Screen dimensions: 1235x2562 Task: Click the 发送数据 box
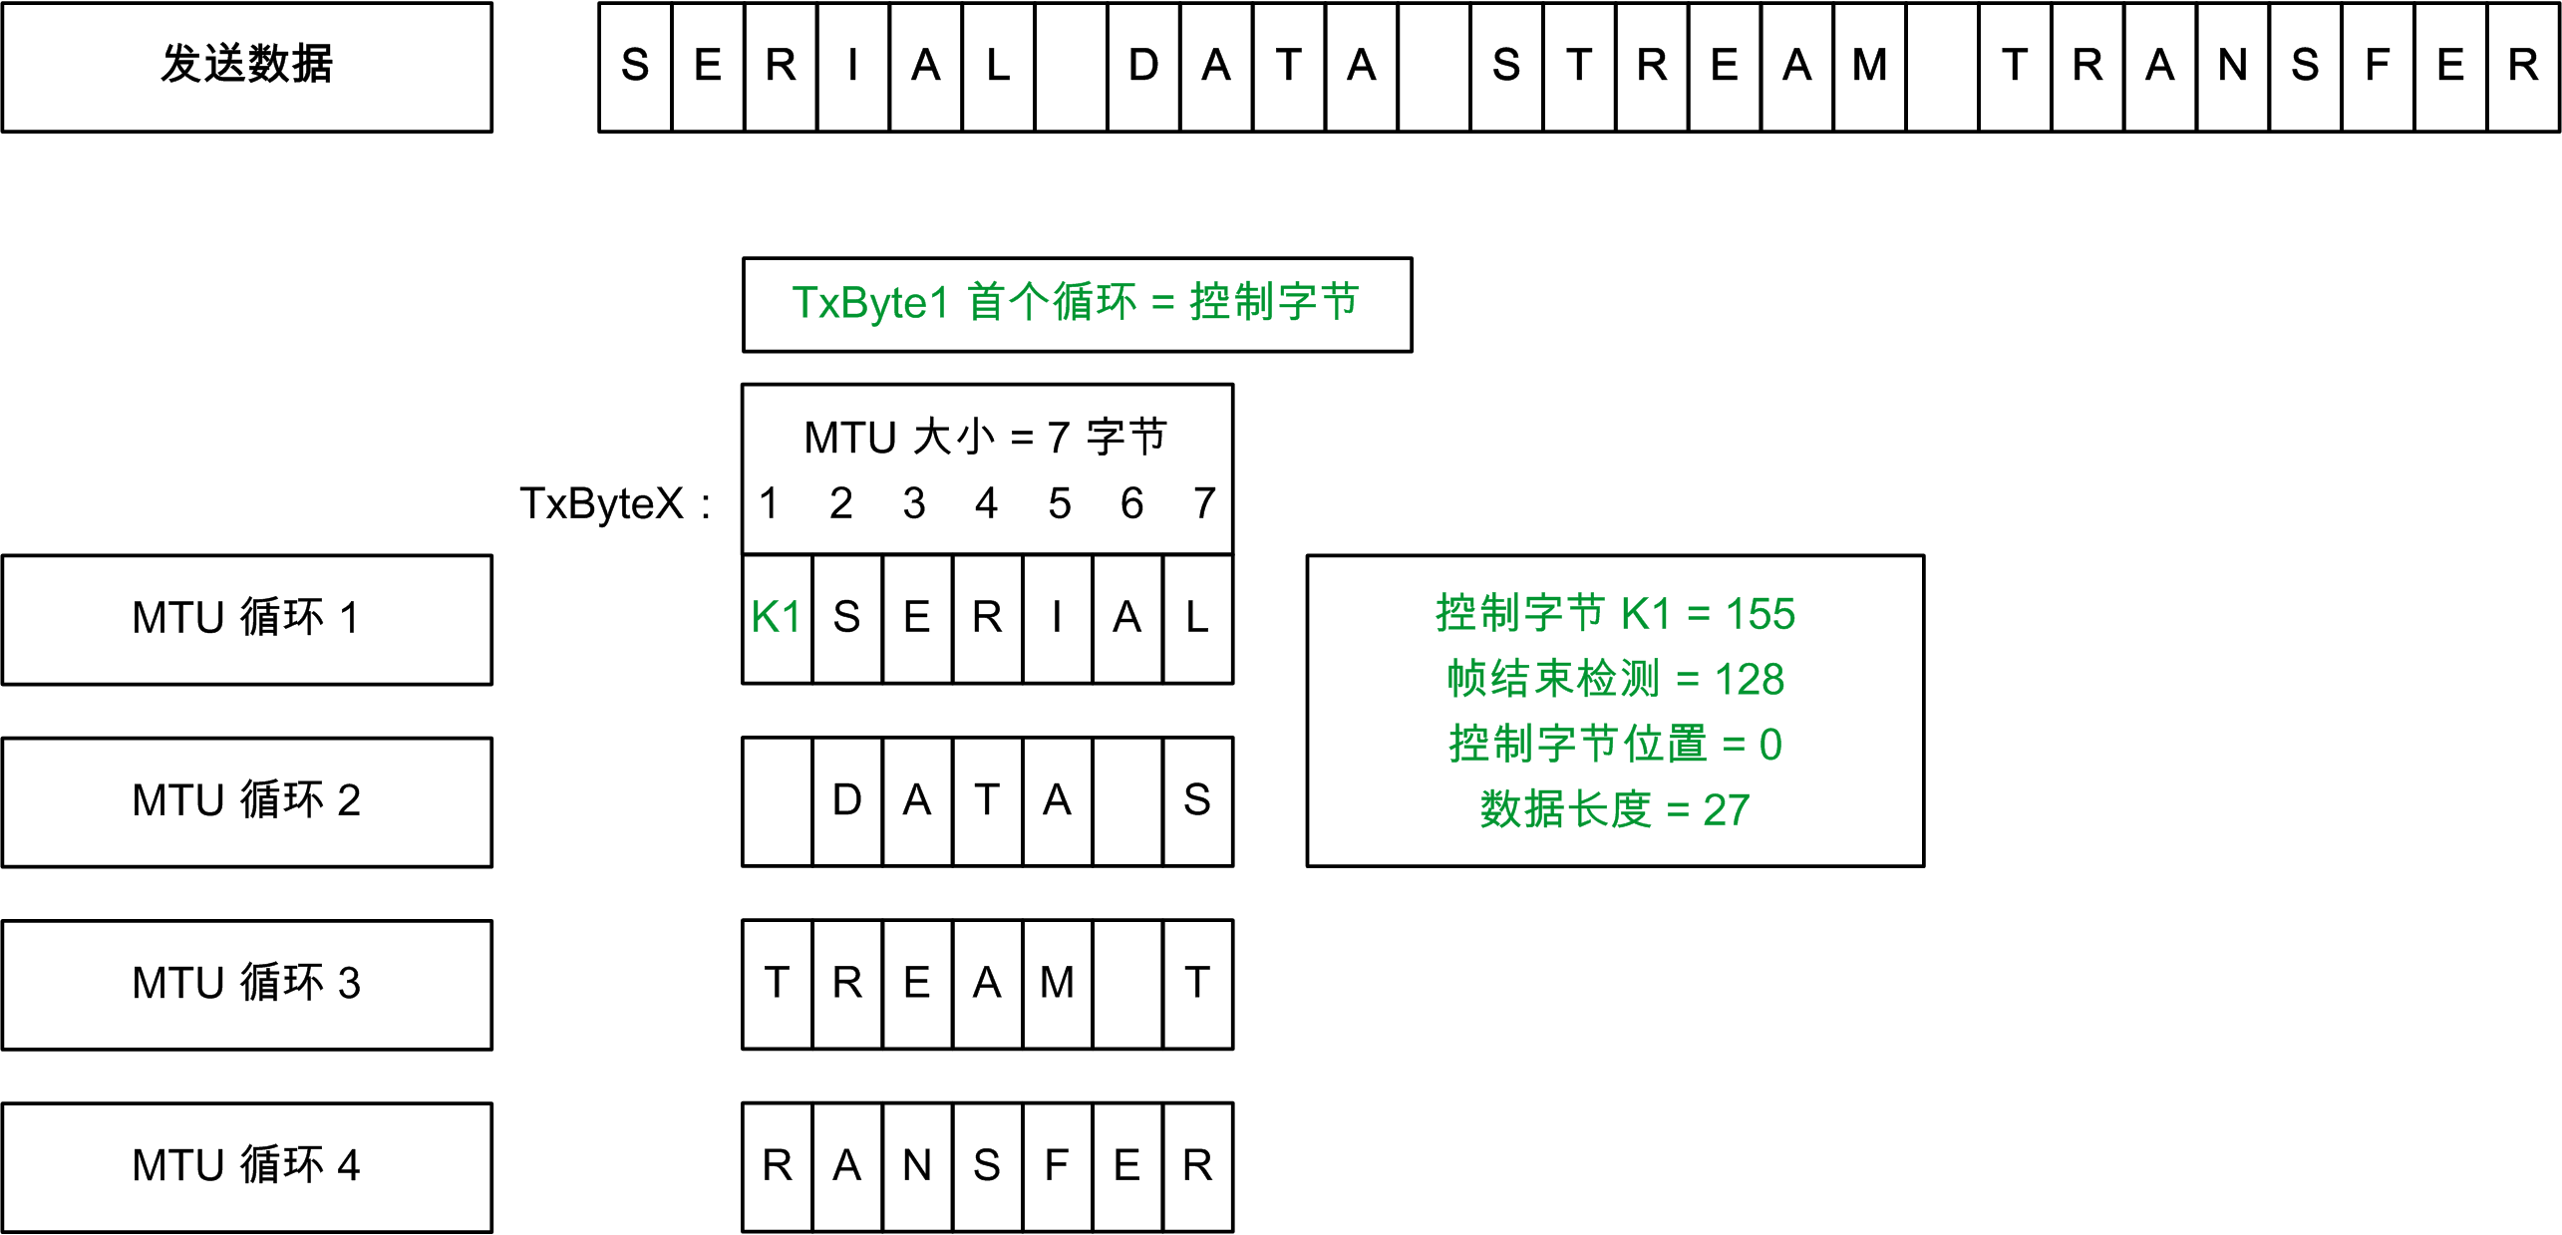tap(246, 67)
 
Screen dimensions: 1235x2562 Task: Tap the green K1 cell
tap(777, 618)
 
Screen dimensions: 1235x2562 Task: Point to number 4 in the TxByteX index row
tap(986, 503)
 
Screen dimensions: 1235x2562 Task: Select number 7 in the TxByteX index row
tap(1204, 503)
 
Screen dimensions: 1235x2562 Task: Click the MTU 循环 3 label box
tap(246, 984)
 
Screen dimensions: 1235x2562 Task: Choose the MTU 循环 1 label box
tap(246, 619)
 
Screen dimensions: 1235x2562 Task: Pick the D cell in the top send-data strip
tap(1143, 67)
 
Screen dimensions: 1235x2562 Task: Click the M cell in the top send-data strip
tap(1869, 67)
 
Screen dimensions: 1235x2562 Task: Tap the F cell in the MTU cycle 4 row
tap(1057, 1166)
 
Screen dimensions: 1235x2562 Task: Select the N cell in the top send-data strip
tap(2232, 67)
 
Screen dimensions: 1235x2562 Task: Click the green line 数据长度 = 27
tap(1615, 809)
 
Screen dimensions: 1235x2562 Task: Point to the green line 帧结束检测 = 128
tap(1615, 679)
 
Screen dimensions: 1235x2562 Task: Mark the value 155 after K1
tap(1761, 614)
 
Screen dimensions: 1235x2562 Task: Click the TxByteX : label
tap(615, 503)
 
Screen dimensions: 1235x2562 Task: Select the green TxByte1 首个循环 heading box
tap(1077, 304)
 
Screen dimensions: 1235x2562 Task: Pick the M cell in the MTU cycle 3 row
tap(1057, 984)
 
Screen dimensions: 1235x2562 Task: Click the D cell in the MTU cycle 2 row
tap(847, 801)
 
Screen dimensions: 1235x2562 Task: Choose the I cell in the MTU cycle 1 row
tap(1057, 618)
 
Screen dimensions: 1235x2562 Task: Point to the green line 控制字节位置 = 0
tap(1615, 745)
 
